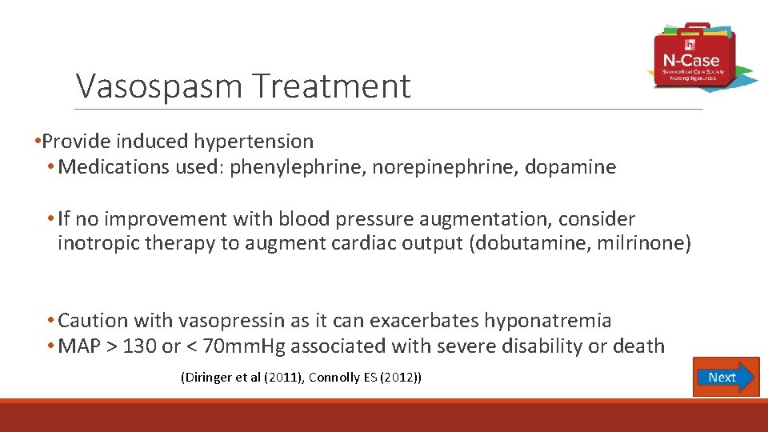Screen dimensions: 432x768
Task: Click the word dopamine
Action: pos(570,167)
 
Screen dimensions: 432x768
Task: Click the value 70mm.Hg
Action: pos(240,346)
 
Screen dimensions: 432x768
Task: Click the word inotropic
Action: pos(97,243)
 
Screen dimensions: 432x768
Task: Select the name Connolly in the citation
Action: pos(337,377)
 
